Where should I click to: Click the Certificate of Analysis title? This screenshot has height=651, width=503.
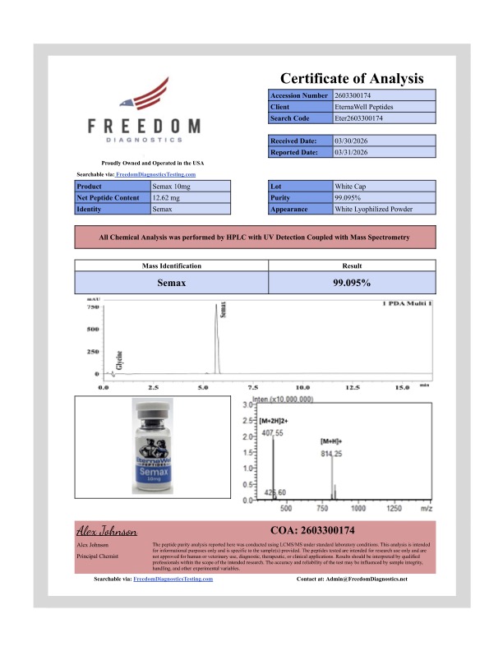point(352,79)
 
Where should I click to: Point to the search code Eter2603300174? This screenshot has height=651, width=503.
point(360,118)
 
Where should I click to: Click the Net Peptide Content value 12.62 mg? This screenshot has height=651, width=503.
point(170,198)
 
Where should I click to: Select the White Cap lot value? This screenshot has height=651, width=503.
point(350,187)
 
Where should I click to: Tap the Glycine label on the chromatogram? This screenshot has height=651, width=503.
point(120,358)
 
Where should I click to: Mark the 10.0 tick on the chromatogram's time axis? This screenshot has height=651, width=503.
point(302,386)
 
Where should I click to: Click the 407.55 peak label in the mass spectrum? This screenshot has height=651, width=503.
point(271,432)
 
